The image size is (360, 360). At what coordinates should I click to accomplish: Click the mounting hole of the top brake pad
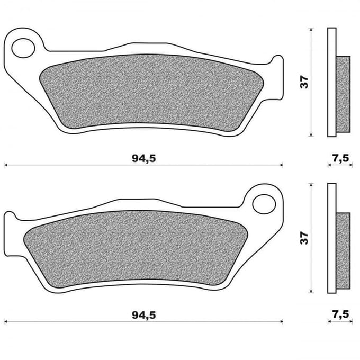23,48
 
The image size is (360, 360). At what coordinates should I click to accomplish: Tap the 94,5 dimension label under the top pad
143,159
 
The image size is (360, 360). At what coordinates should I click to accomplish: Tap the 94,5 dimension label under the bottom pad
143,316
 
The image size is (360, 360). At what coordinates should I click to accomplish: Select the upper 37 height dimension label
304,82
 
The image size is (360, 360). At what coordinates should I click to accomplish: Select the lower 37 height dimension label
304,238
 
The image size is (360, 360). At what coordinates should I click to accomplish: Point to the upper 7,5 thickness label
340,158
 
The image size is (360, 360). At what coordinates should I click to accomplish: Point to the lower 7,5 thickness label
340,315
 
